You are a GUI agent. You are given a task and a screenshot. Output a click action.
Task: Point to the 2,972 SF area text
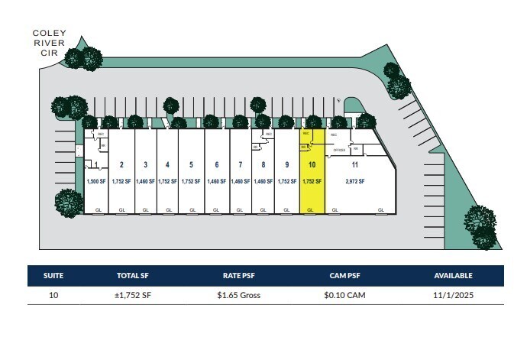(x=355, y=181)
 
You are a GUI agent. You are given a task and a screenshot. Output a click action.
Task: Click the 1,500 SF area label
(x=95, y=181)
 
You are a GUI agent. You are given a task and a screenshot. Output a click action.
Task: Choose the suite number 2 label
(x=122, y=164)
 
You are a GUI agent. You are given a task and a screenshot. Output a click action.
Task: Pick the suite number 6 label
(x=217, y=164)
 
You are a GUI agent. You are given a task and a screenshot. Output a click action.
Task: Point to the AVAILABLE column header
(x=454, y=275)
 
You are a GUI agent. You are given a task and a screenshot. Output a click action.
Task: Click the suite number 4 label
(x=167, y=164)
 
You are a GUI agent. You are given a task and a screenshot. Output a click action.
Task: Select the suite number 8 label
(x=263, y=164)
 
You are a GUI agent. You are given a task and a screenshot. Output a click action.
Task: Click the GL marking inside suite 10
(x=311, y=209)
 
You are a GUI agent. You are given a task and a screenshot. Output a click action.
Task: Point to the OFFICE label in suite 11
(x=339, y=150)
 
